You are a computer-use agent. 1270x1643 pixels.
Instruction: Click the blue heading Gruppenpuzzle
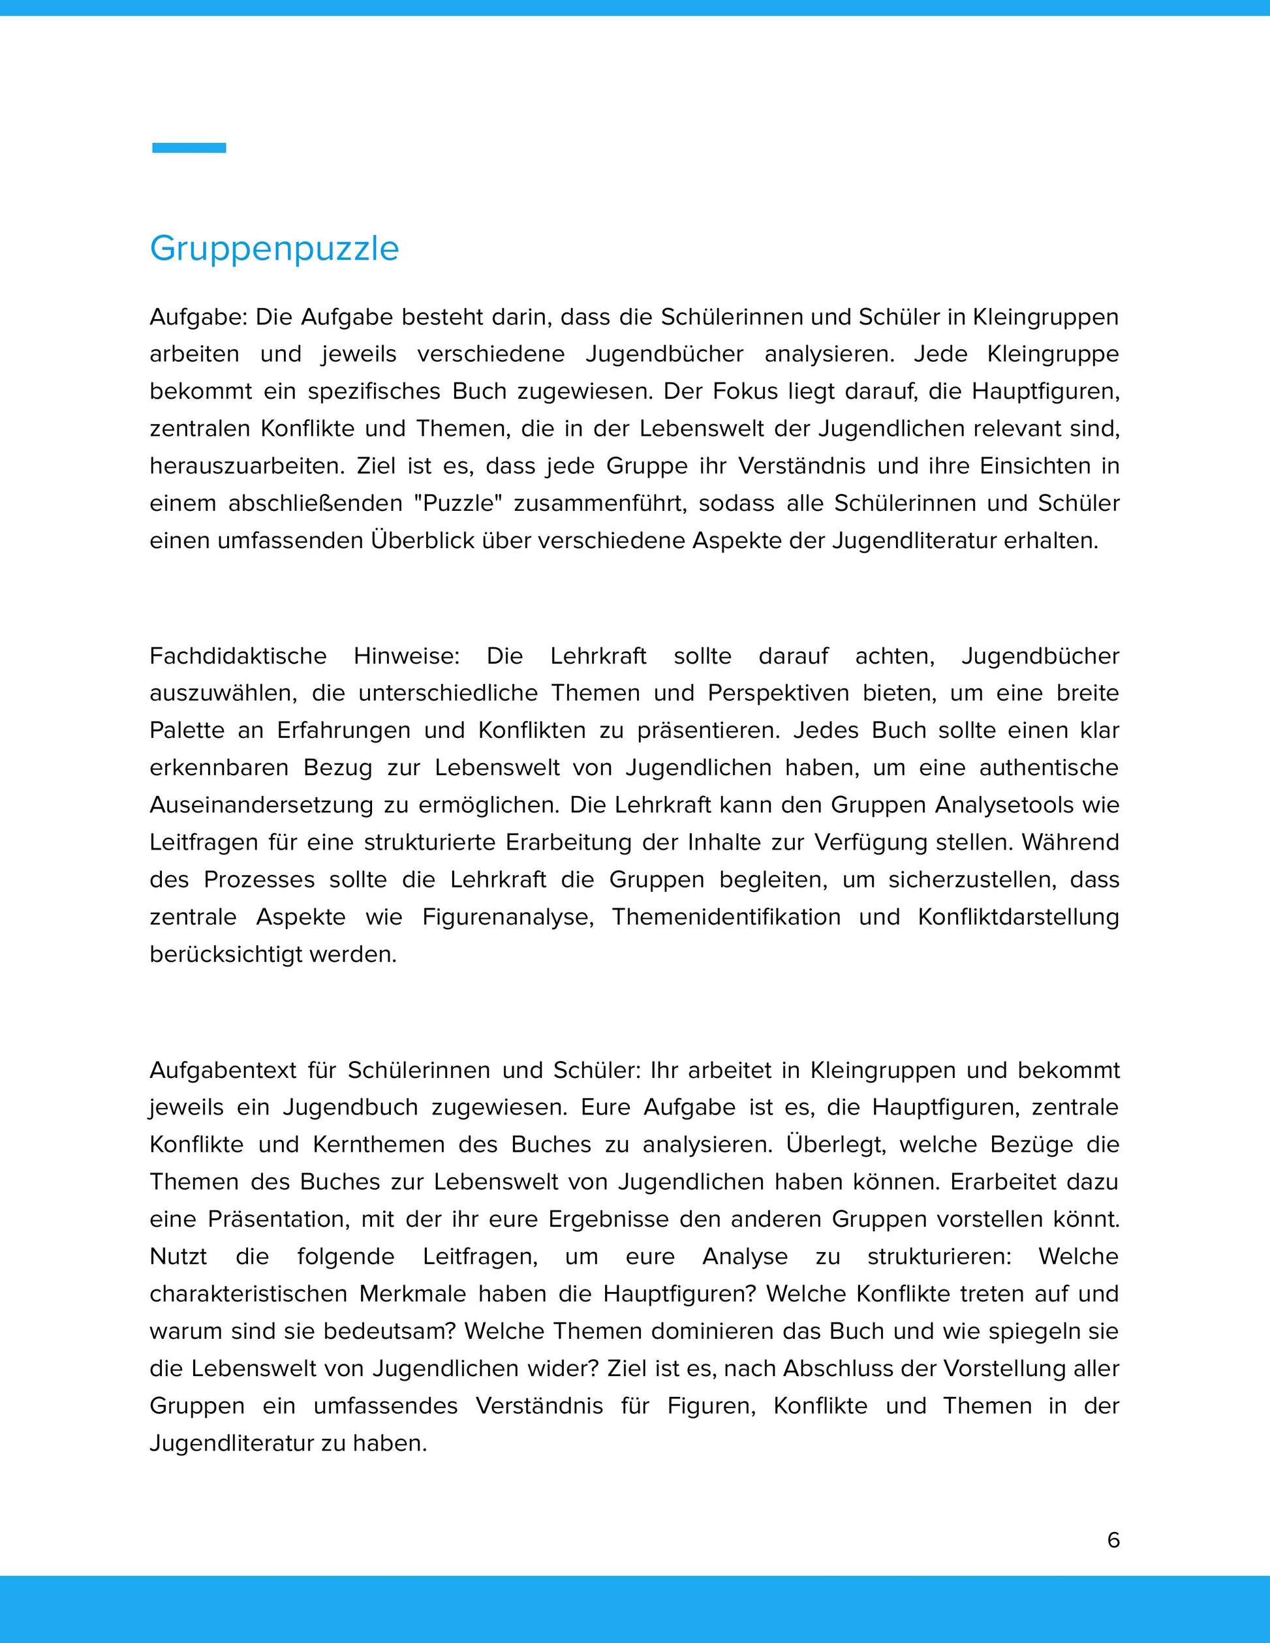point(274,248)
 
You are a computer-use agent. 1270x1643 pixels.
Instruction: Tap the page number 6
point(1113,1540)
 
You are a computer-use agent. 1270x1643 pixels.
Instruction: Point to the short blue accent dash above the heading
point(189,147)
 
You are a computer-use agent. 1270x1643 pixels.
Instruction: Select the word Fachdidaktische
point(238,656)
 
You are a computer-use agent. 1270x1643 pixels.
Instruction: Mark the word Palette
point(187,730)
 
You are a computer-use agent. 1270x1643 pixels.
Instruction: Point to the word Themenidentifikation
point(726,917)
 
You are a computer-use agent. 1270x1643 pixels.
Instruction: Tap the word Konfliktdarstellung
point(1018,917)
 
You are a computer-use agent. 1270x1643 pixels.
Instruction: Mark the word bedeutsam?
point(390,1331)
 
